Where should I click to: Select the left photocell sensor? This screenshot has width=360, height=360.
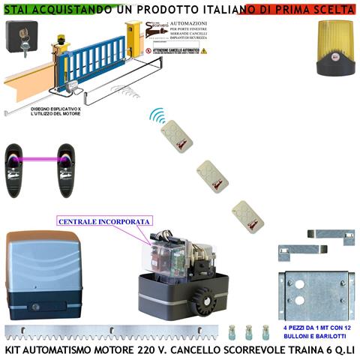click(17, 169)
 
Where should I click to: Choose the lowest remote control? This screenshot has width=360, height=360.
click(245, 215)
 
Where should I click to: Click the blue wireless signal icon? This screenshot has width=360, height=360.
click(156, 117)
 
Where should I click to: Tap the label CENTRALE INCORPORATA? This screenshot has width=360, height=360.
click(104, 222)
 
